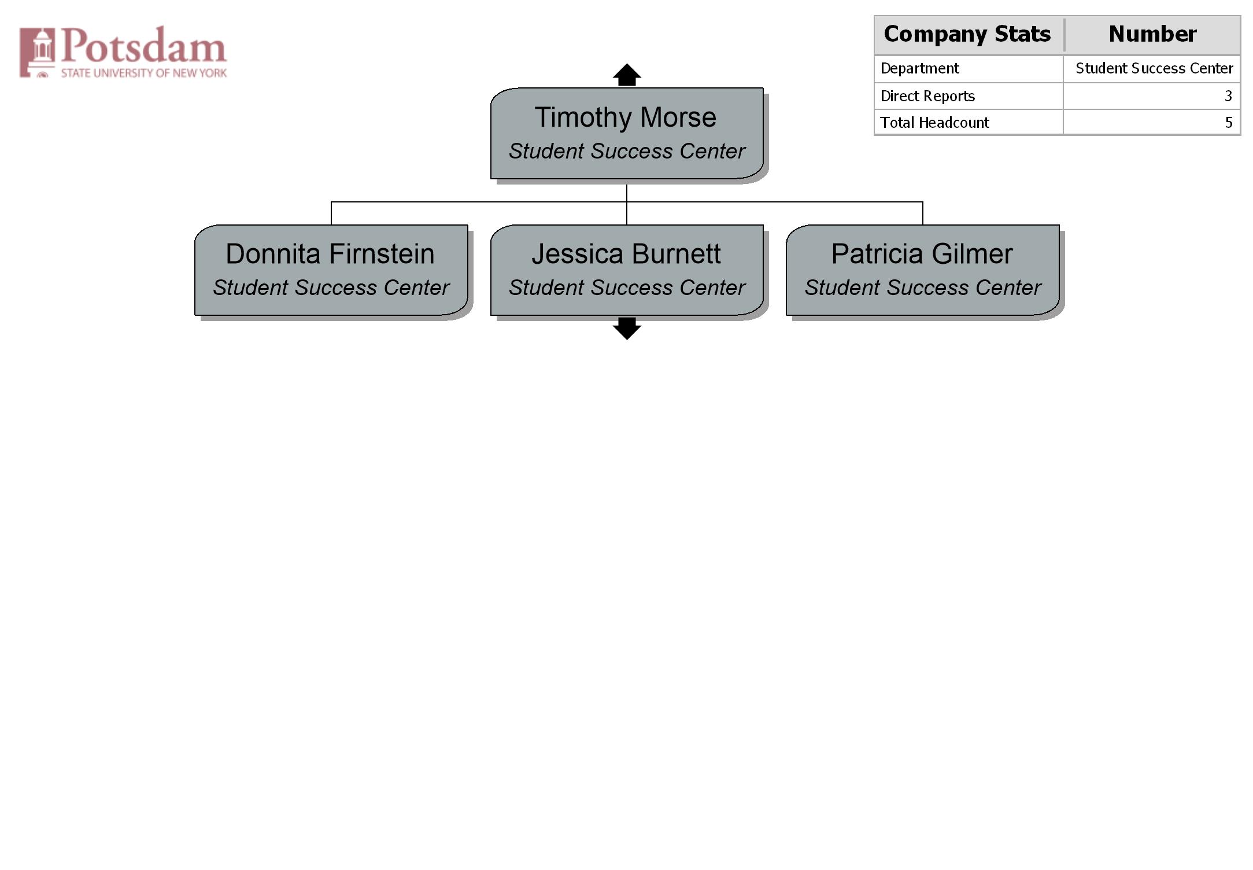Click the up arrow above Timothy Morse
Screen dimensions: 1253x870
click(627, 75)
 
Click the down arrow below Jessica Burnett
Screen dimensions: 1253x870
click(627, 329)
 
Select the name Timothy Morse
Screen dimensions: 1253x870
click(626, 117)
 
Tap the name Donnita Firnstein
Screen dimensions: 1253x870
click(330, 254)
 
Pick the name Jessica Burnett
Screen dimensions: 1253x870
click(626, 254)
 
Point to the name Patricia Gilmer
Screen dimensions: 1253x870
click(922, 254)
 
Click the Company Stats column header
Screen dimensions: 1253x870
click(967, 34)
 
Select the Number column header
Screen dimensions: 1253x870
click(1152, 34)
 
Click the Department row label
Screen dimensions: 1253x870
click(919, 68)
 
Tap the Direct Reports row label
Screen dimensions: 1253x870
click(927, 96)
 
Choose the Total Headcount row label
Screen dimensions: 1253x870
click(934, 123)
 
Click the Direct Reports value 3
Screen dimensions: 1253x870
click(1228, 96)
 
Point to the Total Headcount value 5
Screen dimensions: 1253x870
click(1229, 123)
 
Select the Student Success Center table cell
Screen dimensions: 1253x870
click(1154, 68)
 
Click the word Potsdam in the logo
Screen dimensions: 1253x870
click(144, 46)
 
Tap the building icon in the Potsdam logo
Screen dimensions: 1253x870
click(38, 52)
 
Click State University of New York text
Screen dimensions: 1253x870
click(144, 73)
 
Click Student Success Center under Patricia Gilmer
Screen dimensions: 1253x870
click(923, 287)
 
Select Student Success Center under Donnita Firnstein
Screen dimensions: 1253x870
click(331, 287)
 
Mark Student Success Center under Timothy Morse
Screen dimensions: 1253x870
click(627, 151)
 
